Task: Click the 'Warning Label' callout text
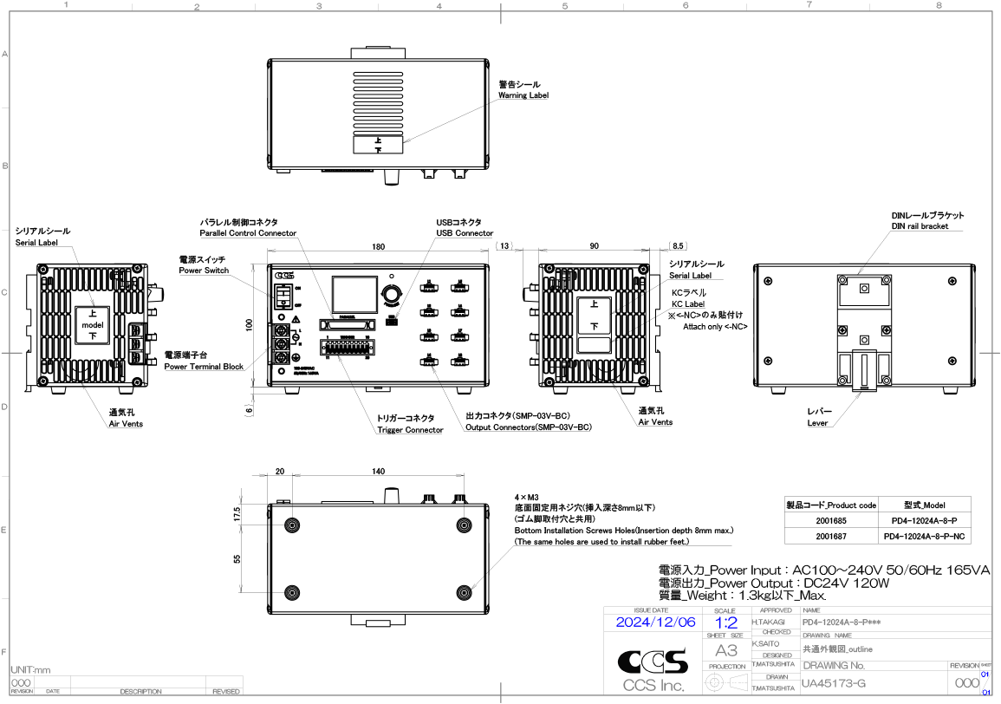(523, 95)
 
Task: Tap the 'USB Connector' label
(465, 233)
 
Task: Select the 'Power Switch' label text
(204, 271)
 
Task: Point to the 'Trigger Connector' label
(410, 430)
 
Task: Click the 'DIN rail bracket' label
(920, 226)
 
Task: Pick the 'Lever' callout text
(817, 423)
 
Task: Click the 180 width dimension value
(379, 247)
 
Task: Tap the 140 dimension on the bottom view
(379, 472)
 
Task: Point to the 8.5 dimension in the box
(678, 247)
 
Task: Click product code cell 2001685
(830, 521)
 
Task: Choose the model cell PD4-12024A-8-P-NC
(925, 538)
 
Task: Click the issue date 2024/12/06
(655, 623)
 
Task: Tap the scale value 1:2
(726, 623)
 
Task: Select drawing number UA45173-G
(833, 684)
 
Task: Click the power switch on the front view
(283, 296)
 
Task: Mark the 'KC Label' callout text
(687, 304)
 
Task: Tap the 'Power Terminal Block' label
(204, 367)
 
